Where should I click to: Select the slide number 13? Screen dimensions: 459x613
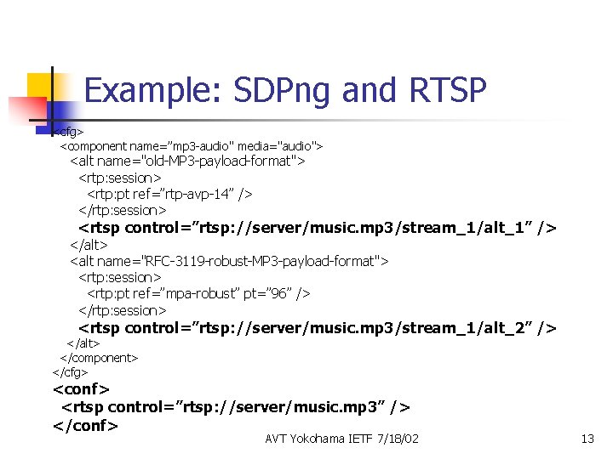click(587, 439)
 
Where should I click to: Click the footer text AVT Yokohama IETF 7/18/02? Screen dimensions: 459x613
click(341, 439)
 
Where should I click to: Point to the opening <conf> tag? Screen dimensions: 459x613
click(81, 389)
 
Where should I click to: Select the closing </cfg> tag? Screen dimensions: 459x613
click(70, 371)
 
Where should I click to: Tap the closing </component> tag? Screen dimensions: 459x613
click(99, 358)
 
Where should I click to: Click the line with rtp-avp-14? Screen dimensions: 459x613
click(169, 194)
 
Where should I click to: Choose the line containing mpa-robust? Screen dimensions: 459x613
click(198, 293)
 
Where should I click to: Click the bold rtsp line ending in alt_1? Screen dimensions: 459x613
click(318, 228)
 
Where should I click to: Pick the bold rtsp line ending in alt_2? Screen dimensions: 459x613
click(318, 328)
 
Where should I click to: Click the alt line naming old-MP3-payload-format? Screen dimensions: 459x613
click(187, 161)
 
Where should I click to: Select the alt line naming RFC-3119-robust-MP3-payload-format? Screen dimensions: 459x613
click(229, 261)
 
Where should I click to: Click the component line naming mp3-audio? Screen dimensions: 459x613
click(191, 146)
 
